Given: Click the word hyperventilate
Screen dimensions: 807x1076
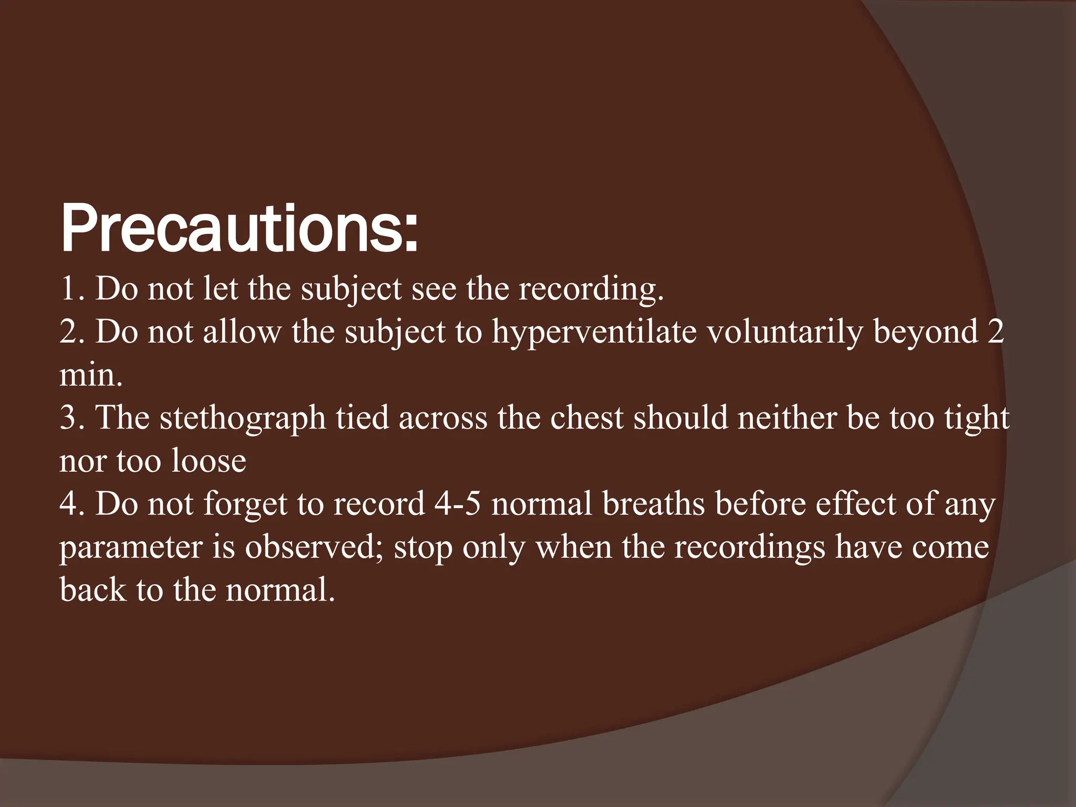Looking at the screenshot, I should [594, 333].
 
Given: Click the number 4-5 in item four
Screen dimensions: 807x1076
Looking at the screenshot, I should [458, 504].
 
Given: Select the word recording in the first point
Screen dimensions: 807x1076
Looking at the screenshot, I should [591, 289].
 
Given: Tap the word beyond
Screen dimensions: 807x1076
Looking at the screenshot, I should [925, 333].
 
